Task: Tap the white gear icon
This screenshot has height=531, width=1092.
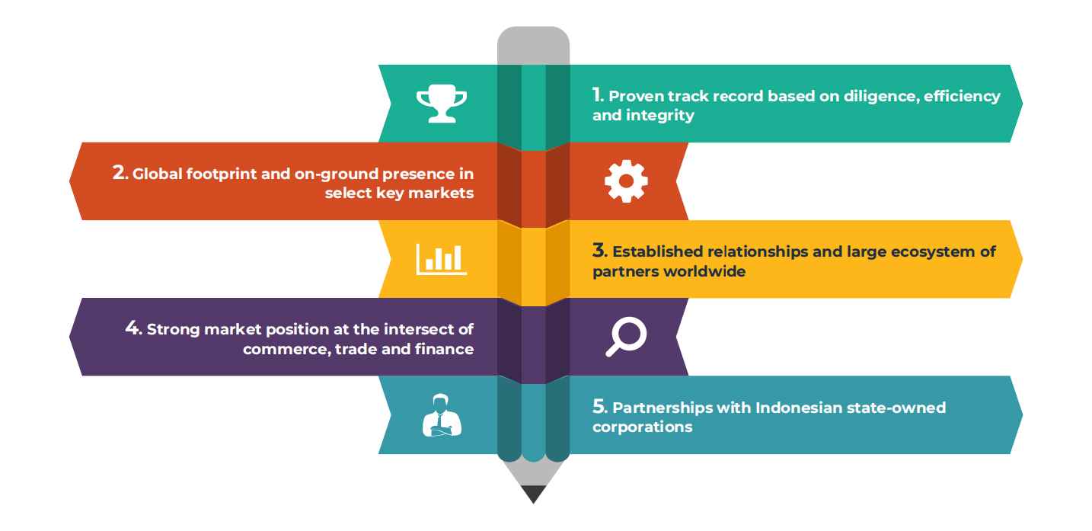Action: [626, 181]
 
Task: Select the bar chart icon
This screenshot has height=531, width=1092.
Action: [442, 259]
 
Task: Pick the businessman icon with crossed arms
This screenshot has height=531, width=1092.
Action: [442, 415]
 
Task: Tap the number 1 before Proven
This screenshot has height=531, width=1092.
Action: [598, 95]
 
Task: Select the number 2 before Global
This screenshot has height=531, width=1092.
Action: [120, 173]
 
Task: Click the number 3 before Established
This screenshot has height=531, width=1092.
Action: [599, 251]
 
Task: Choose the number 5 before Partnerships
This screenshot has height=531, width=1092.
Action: [599, 407]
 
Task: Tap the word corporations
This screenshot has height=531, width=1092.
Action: [642, 427]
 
